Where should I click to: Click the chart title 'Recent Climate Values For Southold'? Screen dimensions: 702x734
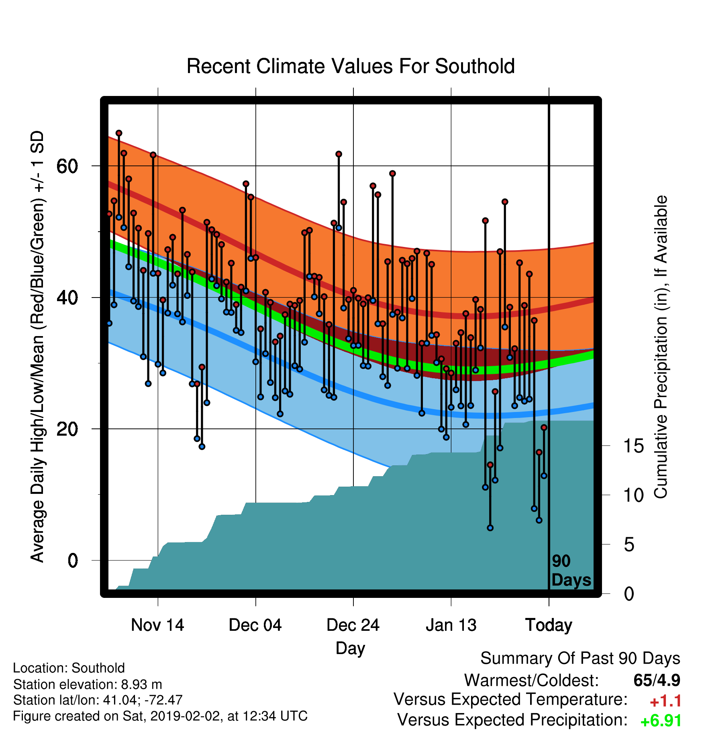(x=351, y=66)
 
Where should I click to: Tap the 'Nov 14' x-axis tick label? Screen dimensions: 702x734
(x=157, y=625)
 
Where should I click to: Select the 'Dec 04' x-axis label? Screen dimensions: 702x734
(x=255, y=625)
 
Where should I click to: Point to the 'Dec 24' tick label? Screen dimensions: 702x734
(x=353, y=625)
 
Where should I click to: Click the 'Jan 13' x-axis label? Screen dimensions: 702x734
(x=451, y=625)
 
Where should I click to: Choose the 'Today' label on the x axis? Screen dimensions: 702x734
(x=549, y=625)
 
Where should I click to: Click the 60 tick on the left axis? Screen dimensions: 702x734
(x=67, y=166)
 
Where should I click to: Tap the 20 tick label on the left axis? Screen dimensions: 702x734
(x=67, y=429)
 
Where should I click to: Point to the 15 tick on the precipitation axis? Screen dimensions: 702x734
(x=634, y=446)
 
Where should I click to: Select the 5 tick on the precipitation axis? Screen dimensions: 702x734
(x=629, y=544)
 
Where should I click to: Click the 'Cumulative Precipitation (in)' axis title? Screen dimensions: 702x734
(x=661, y=347)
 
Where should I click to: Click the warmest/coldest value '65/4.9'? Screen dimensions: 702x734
(x=657, y=680)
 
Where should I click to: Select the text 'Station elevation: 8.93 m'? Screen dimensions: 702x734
(x=88, y=684)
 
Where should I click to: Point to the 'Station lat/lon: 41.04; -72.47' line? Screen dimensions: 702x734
(x=98, y=700)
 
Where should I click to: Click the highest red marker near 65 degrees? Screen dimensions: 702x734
(x=119, y=133)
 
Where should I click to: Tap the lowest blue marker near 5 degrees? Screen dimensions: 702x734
(x=490, y=528)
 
